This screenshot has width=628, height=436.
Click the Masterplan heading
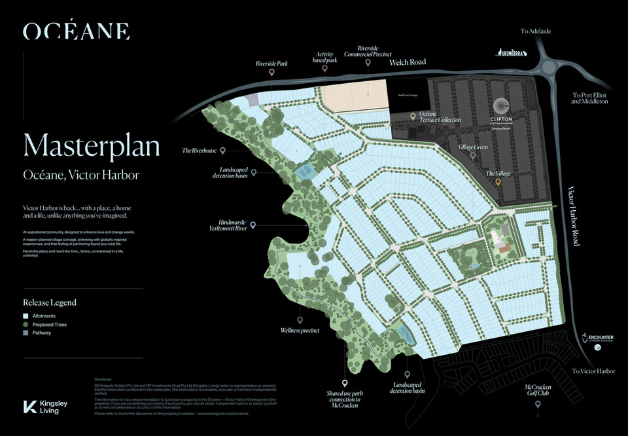coord(92,145)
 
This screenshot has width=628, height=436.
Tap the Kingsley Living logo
coord(46,407)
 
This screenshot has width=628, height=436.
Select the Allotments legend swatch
coord(26,316)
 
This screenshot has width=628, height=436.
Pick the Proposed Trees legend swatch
coord(26,324)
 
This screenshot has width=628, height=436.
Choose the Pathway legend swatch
coord(26,333)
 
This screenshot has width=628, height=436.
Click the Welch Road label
coord(408,62)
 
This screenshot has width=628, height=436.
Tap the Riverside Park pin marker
coord(271,75)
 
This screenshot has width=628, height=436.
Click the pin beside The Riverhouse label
coord(223,151)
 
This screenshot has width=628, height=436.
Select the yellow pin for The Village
coord(498,184)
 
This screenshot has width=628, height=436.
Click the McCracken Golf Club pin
coord(538,405)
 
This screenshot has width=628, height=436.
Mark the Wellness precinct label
coord(300,331)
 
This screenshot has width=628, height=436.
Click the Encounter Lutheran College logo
coord(597,341)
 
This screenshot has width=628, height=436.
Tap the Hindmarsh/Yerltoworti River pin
coord(253,225)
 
